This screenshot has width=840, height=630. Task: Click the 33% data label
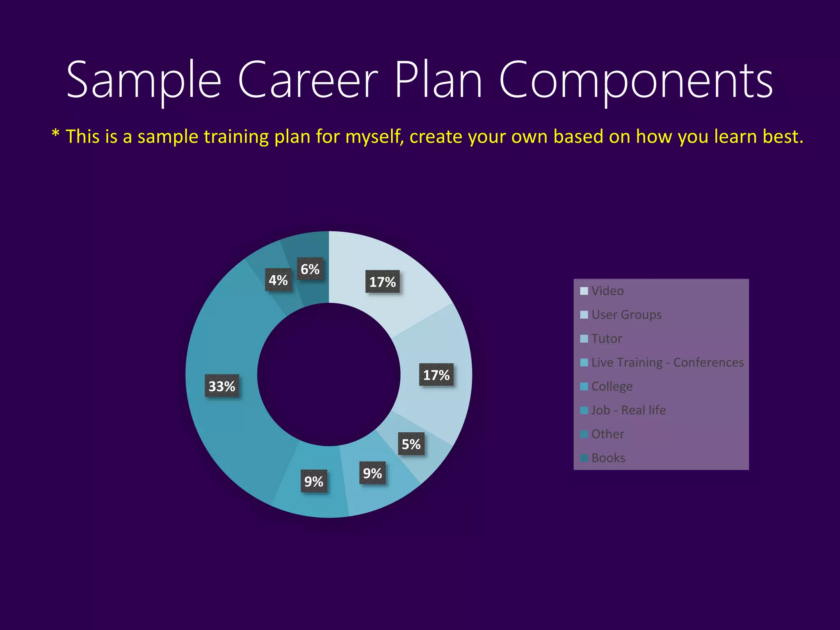pyautogui.click(x=222, y=386)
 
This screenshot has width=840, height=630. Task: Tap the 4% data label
pyautogui.click(x=278, y=280)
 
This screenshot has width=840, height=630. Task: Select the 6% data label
pyautogui.click(x=310, y=269)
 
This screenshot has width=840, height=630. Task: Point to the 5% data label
pyautogui.click(x=411, y=444)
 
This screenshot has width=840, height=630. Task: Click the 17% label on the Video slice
pyautogui.click(x=382, y=282)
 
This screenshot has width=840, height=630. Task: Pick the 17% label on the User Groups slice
pyautogui.click(x=436, y=375)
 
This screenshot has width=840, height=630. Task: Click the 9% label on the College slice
pyautogui.click(x=314, y=481)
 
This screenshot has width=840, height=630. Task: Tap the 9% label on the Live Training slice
pyautogui.click(x=372, y=473)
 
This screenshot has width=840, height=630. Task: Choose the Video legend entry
pyautogui.click(x=607, y=291)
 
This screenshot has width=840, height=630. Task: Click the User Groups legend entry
pyautogui.click(x=626, y=315)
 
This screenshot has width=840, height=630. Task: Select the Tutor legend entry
pyautogui.click(x=606, y=338)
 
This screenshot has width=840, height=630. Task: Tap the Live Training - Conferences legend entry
pyautogui.click(x=667, y=362)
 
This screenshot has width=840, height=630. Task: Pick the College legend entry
pyautogui.click(x=612, y=386)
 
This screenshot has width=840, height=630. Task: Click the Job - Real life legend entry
pyautogui.click(x=628, y=410)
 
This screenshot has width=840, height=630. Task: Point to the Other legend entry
pyautogui.click(x=607, y=434)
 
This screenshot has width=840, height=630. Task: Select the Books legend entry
pyautogui.click(x=608, y=458)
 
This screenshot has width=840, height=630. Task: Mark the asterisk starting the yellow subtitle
pyautogui.click(x=56, y=133)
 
